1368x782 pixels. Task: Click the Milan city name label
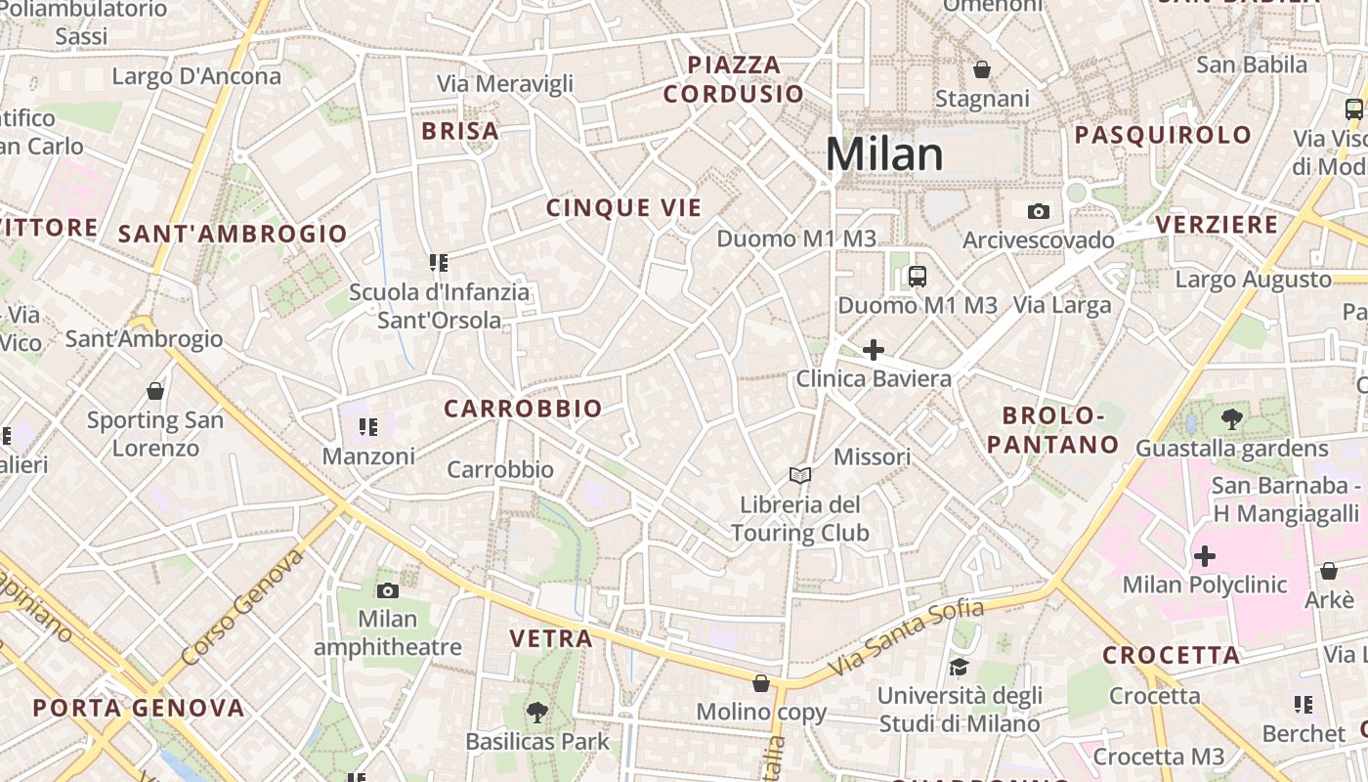[x=884, y=154]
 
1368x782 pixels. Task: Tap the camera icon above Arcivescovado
[x=1038, y=211]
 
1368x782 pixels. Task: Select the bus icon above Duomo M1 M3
[x=917, y=277]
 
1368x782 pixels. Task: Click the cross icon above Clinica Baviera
[x=874, y=350]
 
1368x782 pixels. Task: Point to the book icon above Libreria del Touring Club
[x=800, y=476]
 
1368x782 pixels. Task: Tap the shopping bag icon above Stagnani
[x=982, y=69]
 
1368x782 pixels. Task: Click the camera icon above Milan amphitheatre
[x=388, y=590]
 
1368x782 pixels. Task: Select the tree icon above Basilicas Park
[x=536, y=713]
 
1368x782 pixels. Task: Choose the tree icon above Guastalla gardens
[x=1231, y=420]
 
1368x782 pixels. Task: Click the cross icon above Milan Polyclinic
[x=1205, y=556]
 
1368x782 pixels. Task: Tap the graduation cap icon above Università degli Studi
[x=959, y=667]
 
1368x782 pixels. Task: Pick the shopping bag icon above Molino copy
[x=761, y=682]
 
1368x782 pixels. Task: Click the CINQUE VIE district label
[x=623, y=207]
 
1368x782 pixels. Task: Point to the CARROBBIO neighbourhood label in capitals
[x=523, y=409]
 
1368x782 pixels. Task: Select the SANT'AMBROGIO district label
[x=233, y=234]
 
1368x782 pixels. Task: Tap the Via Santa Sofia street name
[x=905, y=638]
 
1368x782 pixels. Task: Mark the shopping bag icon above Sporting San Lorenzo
[x=154, y=391]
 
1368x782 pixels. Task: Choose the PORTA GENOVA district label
[x=139, y=708]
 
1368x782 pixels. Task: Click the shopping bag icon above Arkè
[x=1329, y=571]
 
